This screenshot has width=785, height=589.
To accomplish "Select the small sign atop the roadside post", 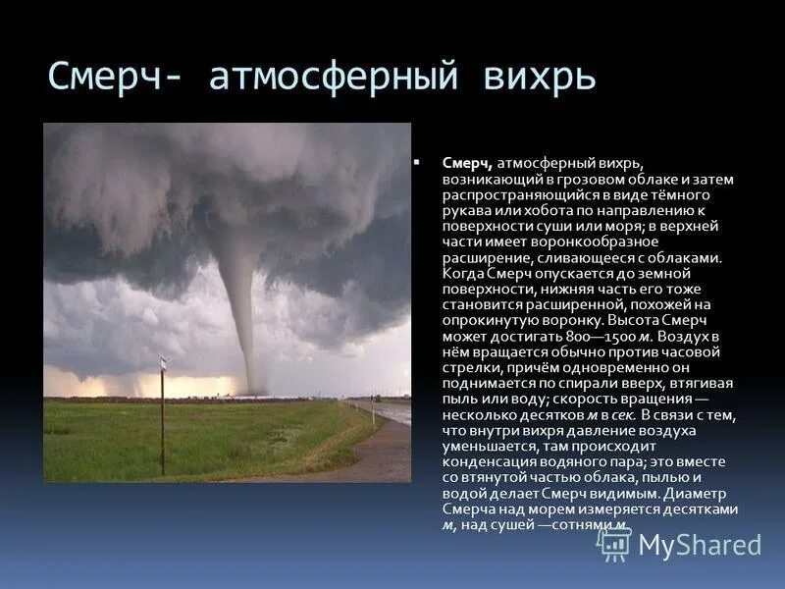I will click(163, 365).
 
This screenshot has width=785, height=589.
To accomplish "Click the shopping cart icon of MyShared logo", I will click(614, 544).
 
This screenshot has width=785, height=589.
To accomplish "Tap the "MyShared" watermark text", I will click(700, 545).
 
